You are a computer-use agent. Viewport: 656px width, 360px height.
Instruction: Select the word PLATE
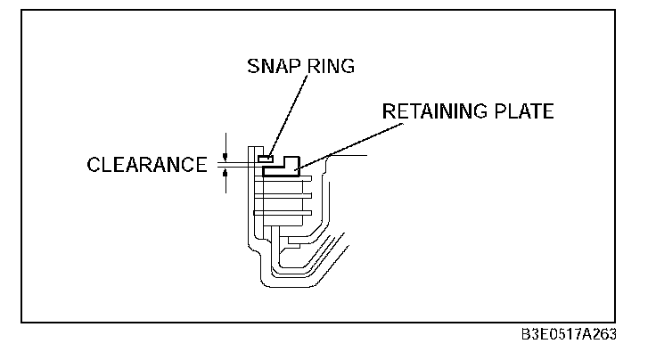pyautogui.click(x=526, y=112)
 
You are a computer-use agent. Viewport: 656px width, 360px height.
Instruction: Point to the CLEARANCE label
pyautogui.click(x=146, y=165)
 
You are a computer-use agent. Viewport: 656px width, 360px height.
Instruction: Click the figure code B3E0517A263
pyautogui.click(x=569, y=334)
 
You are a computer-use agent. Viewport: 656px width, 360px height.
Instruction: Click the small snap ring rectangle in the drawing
pyautogui.click(x=264, y=159)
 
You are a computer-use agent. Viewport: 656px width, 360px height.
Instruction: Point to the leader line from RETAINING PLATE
pyautogui.click(x=348, y=143)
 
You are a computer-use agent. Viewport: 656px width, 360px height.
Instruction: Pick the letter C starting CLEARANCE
pyautogui.click(x=94, y=165)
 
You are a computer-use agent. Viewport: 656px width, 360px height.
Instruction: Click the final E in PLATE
pyautogui.click(x=548, y=112)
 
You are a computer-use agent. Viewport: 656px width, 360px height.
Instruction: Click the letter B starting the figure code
pyautogui.click(x=526, y=334)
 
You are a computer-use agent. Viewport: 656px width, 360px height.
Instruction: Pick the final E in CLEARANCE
pyautogui.click(x=201, y=165)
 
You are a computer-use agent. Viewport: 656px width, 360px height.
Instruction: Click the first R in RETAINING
pyautogui.click(x=389, y=112)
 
